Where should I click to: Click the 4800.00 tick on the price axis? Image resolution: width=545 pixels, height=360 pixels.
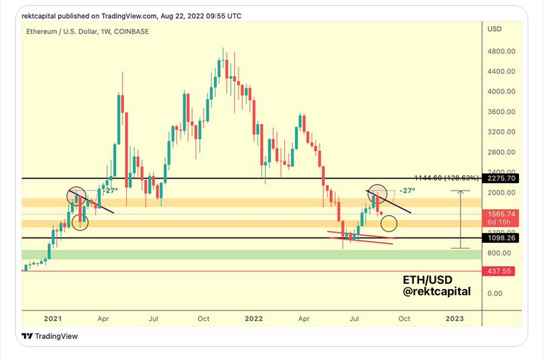pyautogui.click(x=501, y=51)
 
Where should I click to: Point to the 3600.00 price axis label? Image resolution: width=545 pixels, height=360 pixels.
pyautogui.click(x=501, y=112)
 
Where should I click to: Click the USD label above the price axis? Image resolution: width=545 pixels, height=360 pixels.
pyautogui.click(x=496, y=30)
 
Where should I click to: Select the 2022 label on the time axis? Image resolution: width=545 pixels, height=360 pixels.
pyautogui.click(x=254, y=318)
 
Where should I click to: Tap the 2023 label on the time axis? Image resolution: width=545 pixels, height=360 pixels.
pyautogui.click(x=454, y=318)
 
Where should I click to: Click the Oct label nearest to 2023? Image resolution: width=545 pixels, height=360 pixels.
pyautogui.click(x=404, y=318)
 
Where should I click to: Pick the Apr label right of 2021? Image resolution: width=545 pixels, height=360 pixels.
pyautogui.click(x=103, y=318)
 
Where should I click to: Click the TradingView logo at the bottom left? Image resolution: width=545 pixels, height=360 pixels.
pyautogui.click(x=49, y=336)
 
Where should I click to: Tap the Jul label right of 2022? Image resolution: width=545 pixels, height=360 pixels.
pyautogui.click(x=355, y=318)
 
